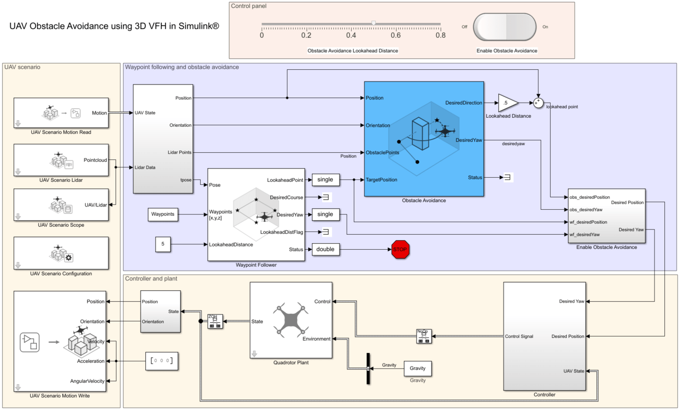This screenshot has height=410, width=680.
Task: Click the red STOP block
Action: (x=400, y=249)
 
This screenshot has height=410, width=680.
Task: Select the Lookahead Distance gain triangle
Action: (x=508, y=103)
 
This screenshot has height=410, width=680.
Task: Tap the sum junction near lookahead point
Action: (x=538, y=103)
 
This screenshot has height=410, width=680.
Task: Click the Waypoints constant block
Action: (x=163, y=214)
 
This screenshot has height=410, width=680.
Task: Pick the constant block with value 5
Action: (x=163, y=244)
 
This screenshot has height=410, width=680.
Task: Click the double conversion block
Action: (x=326, y=249)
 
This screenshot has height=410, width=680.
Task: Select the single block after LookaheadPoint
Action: (x=326, y=180)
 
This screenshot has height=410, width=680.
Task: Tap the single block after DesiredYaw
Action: (x=326, y=214)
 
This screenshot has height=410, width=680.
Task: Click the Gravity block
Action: (x=418, y=368)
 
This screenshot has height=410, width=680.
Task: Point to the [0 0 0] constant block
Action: (x=161, y=361)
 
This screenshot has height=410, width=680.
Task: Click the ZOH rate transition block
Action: (x=215, y=321)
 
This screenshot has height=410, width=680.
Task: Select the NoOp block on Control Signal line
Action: (x=424, y=336)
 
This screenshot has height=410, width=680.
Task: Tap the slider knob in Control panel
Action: (x=373, y=23)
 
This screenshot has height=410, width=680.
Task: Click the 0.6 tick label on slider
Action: (x=395, y=35)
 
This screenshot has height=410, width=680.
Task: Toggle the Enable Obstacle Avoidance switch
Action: (x=504, y=27)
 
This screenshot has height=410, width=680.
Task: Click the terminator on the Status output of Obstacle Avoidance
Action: (x=507, y=177)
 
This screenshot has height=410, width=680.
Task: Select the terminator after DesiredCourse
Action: (x=326, y=197)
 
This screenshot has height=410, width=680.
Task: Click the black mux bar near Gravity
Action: (x=368, y=369)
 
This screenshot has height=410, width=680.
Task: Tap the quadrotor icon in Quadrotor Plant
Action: (x=291, y=320)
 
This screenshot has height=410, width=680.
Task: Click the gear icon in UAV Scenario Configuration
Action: (x=68, y=258)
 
